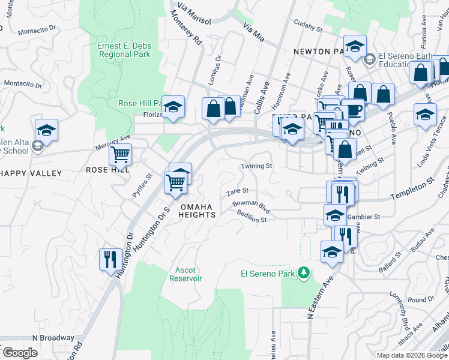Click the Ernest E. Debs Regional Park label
[124, 50]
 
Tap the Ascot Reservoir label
[185, 274]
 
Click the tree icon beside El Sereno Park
[304, 273]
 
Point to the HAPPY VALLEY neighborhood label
[31, 173]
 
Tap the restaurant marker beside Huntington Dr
[109, 259]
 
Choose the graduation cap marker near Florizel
[173, 107]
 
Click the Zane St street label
[238, 192]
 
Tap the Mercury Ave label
[113, 142]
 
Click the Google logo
[20, 353]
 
